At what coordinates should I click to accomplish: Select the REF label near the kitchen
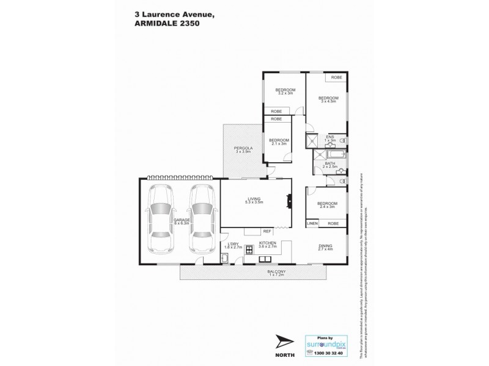coord(267,231)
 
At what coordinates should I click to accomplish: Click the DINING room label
coord(326,247)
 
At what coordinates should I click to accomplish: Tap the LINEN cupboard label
coord(311,224)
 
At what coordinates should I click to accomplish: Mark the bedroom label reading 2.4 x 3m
coord(326,206)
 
